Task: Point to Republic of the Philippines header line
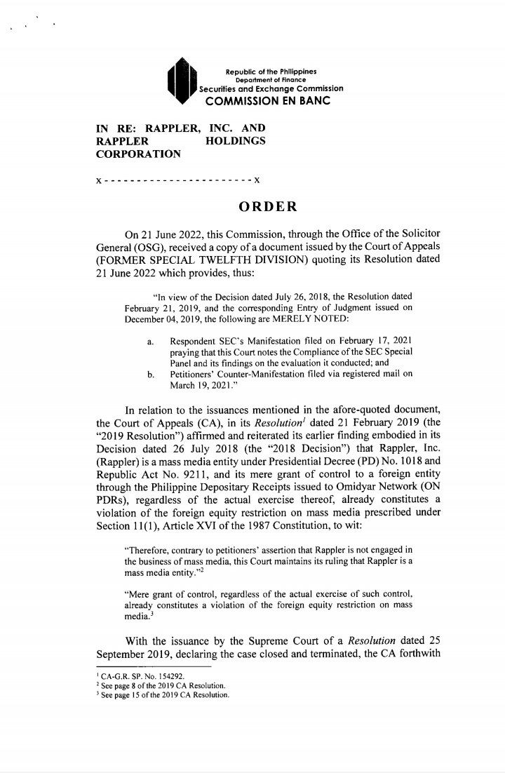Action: [x=271, y=72]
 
